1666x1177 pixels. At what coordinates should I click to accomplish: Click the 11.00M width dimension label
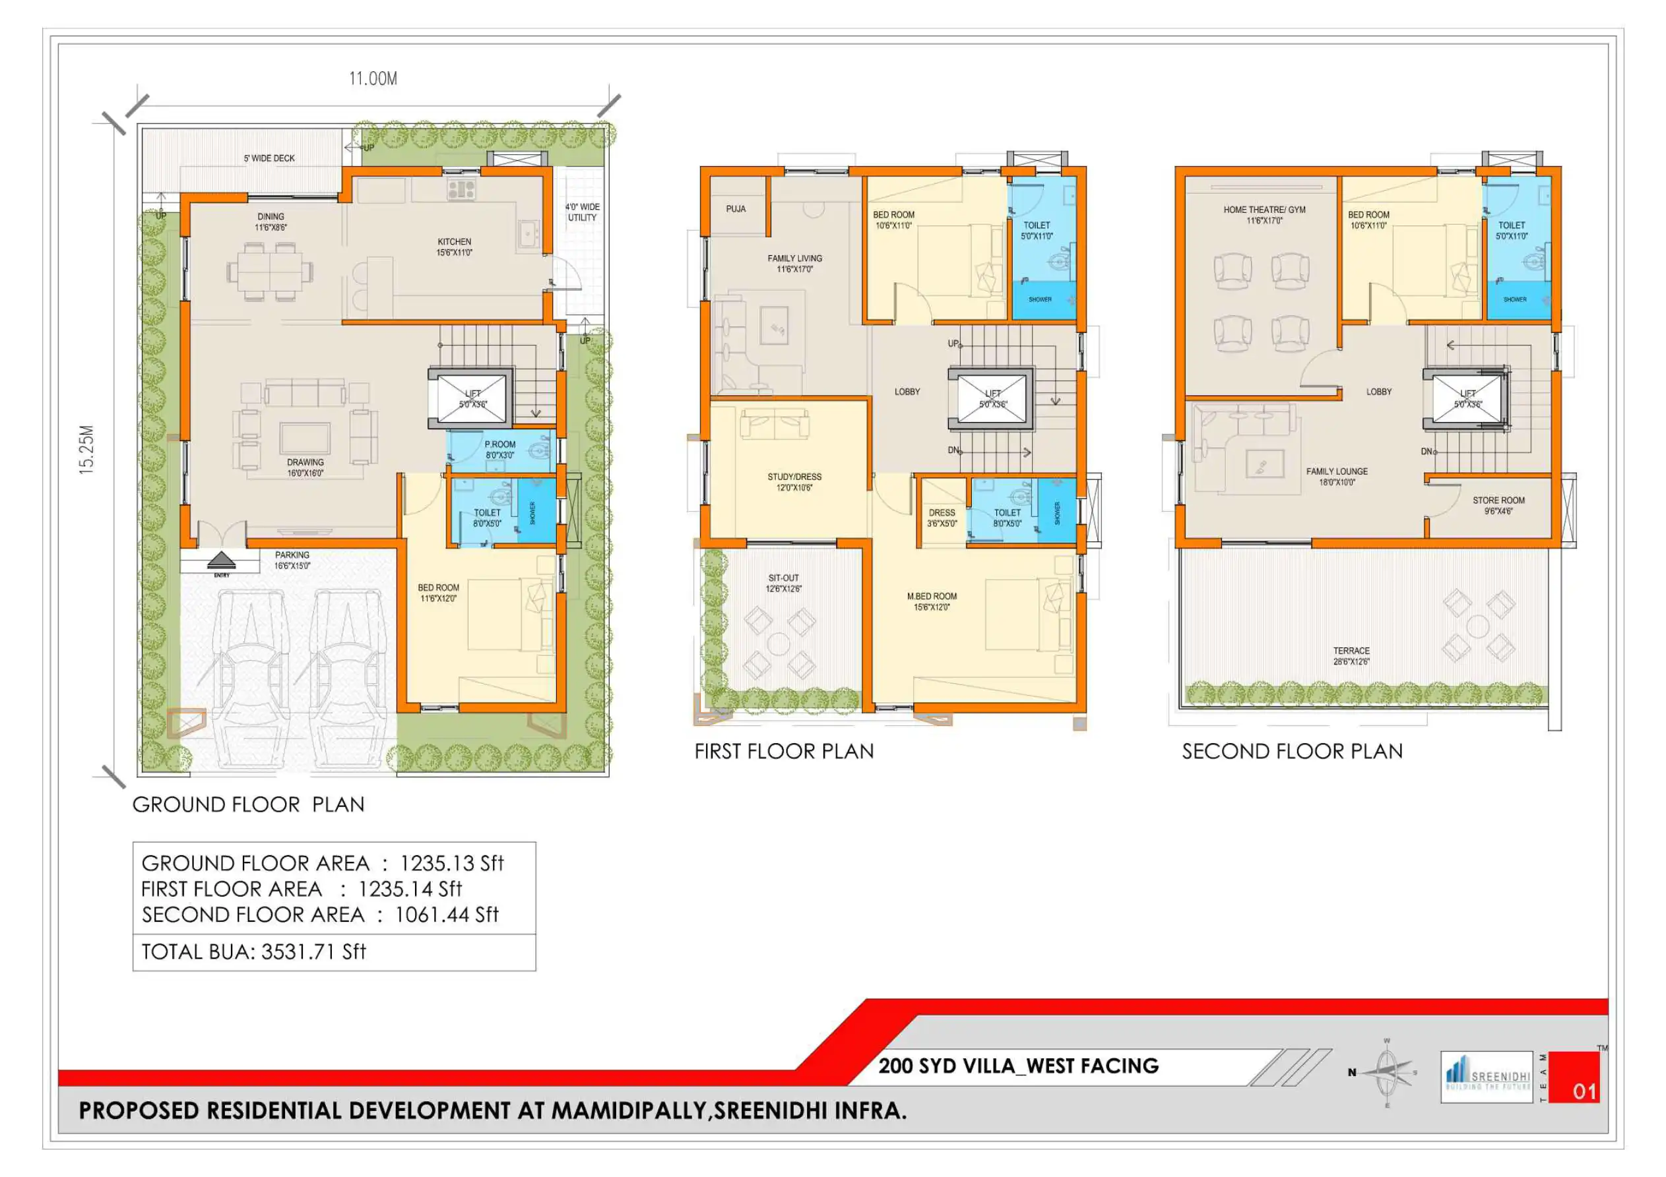click(373, 78)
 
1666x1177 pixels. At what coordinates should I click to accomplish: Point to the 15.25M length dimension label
click(86, 450)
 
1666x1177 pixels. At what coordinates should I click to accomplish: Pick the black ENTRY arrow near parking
click(221, 560)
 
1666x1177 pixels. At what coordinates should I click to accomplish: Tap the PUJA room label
click(736, 209)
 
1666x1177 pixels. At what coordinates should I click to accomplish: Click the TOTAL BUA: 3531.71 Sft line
click(254, 951)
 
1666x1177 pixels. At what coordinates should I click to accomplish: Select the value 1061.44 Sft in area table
click(446, 915)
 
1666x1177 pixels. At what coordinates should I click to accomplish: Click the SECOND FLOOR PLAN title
click(1292, 751)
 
